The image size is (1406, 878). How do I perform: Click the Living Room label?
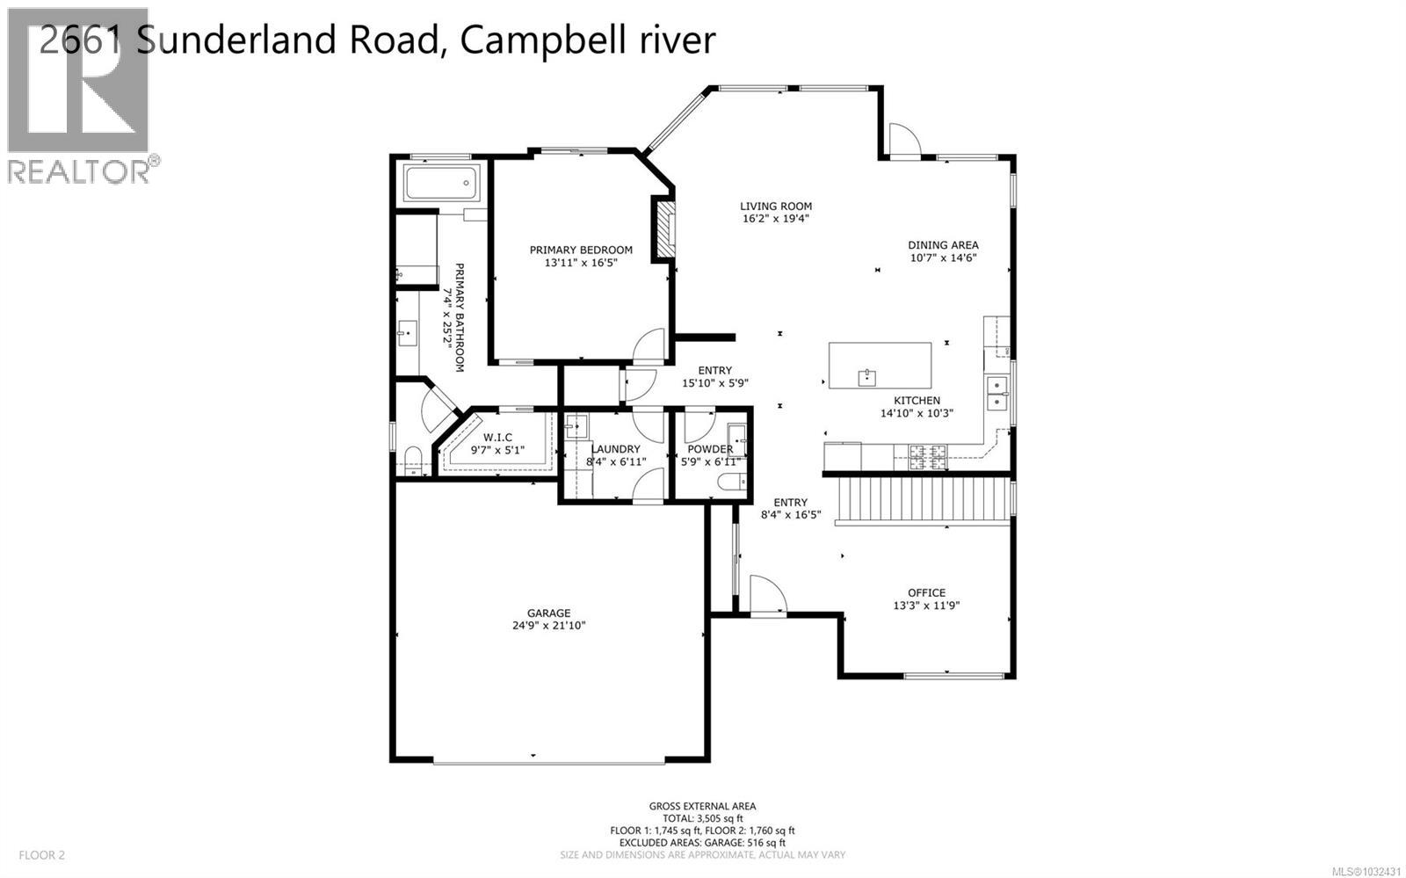775,207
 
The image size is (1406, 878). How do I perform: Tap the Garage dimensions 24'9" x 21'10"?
549,626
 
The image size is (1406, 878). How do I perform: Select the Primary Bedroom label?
581,250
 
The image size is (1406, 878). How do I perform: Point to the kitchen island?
880,365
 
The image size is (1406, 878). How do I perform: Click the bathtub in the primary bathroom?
441,184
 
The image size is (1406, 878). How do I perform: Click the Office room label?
926,592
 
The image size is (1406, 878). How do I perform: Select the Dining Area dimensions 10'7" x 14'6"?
943,258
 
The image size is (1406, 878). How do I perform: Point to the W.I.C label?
497,437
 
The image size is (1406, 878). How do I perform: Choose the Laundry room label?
615,449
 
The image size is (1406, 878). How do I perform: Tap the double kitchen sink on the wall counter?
997,394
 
